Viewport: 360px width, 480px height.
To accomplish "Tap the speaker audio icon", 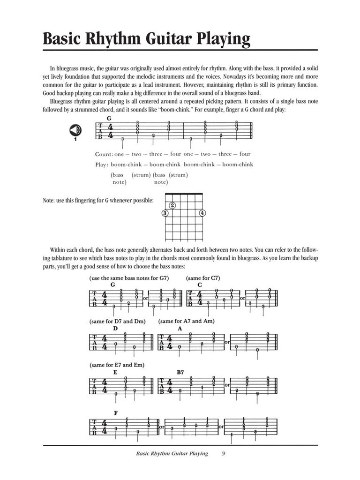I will pyautogui.click(x=75, y=130).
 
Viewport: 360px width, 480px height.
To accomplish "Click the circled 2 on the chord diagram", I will pyautogui.click(x=172, y=205).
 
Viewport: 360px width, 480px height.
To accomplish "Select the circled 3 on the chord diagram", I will pyautogui.click(x=165, y=213).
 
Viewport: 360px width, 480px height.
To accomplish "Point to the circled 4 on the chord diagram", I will pyautogui.click(x=202, y=213).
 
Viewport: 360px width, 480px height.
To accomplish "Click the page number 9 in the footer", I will pyautogui.click(x=224, y=454).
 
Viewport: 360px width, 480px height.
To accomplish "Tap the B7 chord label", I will pyautogui.click(x=181, y=372).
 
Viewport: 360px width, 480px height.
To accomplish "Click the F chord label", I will pyautogui.click(x=115, y=412).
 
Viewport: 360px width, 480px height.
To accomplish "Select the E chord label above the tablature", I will pyautogui.click(x=115, y=372).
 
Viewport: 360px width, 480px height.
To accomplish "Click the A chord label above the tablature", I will pyautogui.click(x=180, y=328).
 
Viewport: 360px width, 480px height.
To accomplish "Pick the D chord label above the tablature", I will pyautogui.click(x=115, y=328).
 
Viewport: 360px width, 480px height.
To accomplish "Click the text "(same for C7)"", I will pyautogui.click(x=203, y=278).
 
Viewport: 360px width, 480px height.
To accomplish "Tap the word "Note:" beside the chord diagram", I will pyautogui.click(x=50, y=201).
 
